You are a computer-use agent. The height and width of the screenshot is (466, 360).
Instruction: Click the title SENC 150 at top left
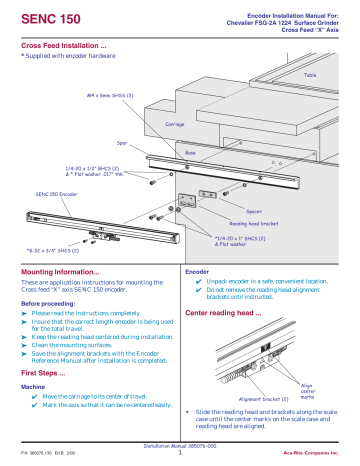(48, 18)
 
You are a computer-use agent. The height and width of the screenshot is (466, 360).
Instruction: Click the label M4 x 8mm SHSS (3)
(86, 98)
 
